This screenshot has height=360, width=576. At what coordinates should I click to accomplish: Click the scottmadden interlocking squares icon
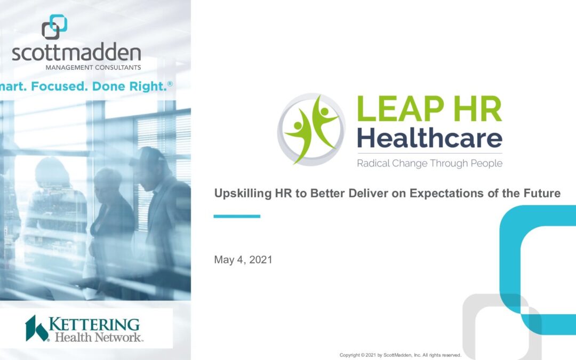(x=54, y=27)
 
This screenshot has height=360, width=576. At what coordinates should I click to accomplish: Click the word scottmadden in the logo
(x=76, y=52)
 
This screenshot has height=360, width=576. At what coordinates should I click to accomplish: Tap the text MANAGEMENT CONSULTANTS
(x=93, y=68)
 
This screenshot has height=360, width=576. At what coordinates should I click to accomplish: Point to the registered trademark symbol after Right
(x=170, y=84)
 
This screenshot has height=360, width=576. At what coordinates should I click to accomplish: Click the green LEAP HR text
(x=429, y=108)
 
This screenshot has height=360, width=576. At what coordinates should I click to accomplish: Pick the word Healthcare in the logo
(x=429, y=137)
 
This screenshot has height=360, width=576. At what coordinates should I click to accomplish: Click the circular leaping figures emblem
(x=311, y=129)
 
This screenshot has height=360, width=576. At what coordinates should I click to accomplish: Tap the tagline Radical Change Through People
(x=429, y=163)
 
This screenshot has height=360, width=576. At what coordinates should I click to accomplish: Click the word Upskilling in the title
(x=243, y=193)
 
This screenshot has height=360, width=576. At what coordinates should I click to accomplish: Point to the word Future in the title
(x=542, y=193)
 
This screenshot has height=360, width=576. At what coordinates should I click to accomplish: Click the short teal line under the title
(x=237, y=217)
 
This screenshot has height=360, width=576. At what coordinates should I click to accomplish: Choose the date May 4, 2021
(x=243, y=260)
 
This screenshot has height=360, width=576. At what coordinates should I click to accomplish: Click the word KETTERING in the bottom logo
(x=94, y=325)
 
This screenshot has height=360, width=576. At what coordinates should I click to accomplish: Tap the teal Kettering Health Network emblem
(x=36, y=329)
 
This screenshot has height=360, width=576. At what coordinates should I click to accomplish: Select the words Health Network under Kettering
(x=99, y=337)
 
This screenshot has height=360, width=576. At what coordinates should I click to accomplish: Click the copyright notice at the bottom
(x=401, y=355)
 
